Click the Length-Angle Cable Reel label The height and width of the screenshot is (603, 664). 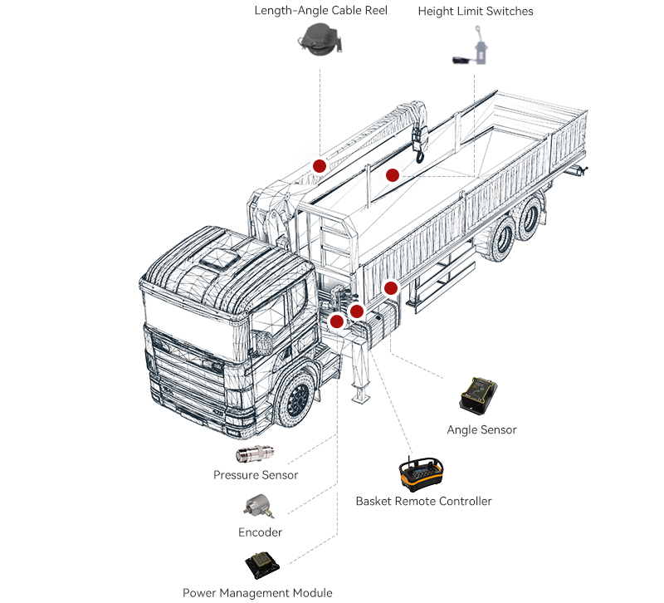[320, 11]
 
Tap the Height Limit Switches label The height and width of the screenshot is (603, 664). [476, 11]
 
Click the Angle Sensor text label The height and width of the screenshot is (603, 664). [481, 429]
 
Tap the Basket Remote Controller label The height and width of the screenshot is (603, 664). [423, 501]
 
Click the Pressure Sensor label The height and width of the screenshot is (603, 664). [256, 475]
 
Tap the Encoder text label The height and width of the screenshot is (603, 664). [260, 532]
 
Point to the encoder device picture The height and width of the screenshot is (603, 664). [256, 505]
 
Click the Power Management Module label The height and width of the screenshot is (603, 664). [257, 592]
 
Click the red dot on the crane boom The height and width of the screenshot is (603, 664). [319, 165]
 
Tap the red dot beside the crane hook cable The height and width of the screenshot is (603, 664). [393, 175]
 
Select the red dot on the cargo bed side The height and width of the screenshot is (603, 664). [391, 287]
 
